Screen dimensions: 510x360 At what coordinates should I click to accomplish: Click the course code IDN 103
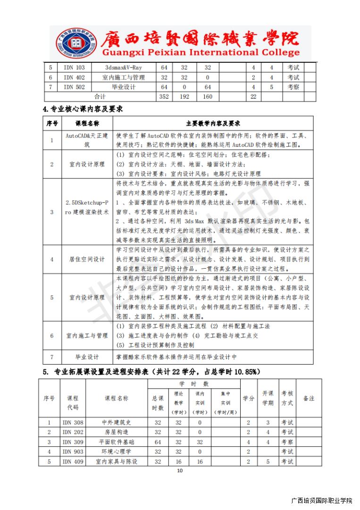click(x=74, y=68)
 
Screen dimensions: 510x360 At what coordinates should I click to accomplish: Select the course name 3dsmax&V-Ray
click(x=123, y=68)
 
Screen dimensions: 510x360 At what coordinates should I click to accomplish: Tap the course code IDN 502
click(x=74, y=87)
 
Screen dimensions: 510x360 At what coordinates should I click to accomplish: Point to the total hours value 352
click(x=164, y=97)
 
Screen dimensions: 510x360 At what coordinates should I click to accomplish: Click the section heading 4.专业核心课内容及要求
click(x=83, y=109)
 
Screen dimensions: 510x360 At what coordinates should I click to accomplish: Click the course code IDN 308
click(x=73, y=423)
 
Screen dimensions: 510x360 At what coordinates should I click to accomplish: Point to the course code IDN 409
click(x=73, y=461)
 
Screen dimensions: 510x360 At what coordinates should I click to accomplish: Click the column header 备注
click(x=309, y=399)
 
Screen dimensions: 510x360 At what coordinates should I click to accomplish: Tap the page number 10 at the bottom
click(x=179, y=471)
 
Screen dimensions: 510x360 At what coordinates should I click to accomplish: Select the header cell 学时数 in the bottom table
click(x=193, y=384)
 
